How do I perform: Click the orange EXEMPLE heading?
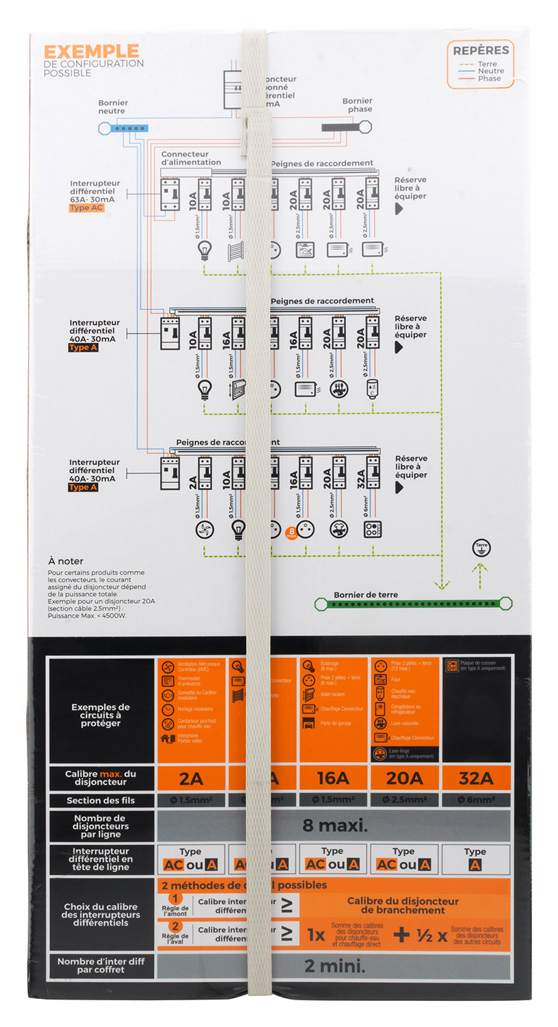[x=91, y=51]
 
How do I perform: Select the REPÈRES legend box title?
[x=481, y=50]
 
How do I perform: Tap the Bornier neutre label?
[x=113, y=107]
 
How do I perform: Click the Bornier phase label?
[x=357, y=105]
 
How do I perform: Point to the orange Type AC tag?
[x=86, y=208]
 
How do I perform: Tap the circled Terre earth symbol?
[x=481, y=548]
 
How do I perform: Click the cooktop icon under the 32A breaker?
[x=373, y=529]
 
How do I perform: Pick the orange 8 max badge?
[x=291, y=531]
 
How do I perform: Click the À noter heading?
[x=66, y=561]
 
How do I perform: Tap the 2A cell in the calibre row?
[x=191, y=778]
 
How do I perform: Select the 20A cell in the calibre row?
[x=404, y=778]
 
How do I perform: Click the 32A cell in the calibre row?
[x=476, y=778]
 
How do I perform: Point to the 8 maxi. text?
[x=334, y=825]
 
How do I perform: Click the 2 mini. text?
[x=334, y=966]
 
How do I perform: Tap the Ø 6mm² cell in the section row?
[x=476, y=800]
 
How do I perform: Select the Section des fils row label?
[x=101, y=800]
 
